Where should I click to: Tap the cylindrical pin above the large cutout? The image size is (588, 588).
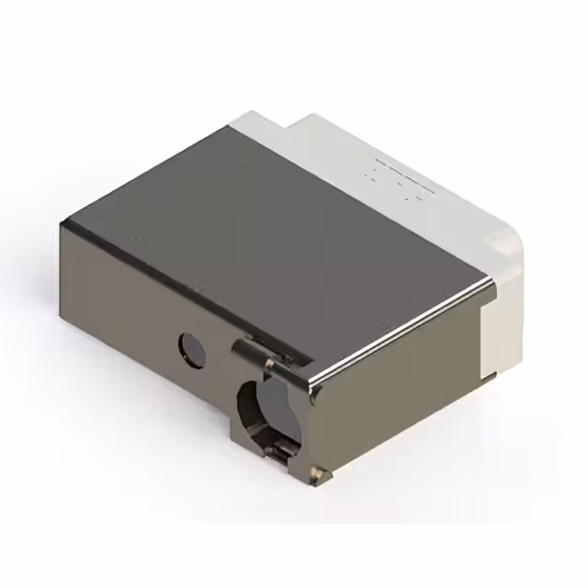[246, 350]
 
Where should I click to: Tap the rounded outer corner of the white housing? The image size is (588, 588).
[510, 241]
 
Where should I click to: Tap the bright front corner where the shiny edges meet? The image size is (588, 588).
[313, 385]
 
